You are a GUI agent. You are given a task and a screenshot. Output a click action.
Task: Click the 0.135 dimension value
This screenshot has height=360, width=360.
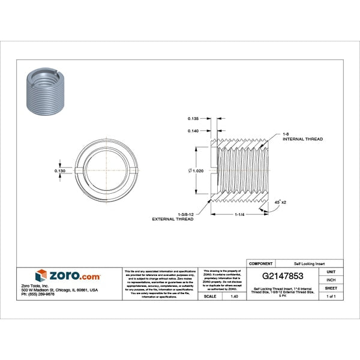click(193, 118)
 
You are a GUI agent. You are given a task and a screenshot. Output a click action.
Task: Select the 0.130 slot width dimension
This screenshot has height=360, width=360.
click(60, 171)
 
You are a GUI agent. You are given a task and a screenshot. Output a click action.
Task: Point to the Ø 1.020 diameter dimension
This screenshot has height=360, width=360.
click(196, 170)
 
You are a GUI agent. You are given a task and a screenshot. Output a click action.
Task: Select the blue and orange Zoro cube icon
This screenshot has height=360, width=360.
click(41, 275)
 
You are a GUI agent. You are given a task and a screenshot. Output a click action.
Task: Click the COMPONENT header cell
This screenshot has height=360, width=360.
click(260, 263)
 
